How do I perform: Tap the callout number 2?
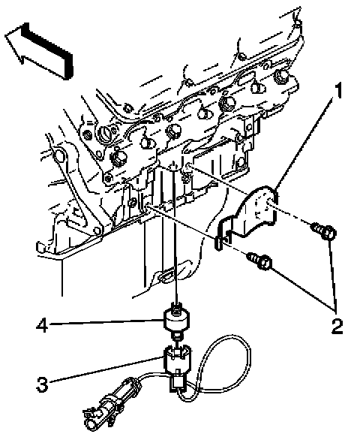337,327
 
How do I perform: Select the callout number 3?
42,384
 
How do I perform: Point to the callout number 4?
42,325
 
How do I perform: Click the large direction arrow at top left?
39,50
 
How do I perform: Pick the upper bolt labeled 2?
325,231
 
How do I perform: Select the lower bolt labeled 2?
259,261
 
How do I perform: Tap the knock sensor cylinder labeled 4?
177,320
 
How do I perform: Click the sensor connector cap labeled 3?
177,360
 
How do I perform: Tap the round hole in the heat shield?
268,202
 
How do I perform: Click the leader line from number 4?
106,322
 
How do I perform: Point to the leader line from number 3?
106,369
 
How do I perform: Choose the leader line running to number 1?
304,143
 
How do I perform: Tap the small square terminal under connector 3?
177,382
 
